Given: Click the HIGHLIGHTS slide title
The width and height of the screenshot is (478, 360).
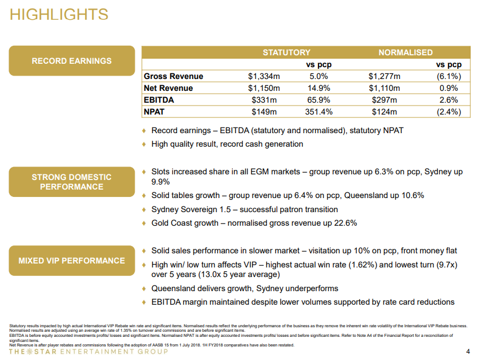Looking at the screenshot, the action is pos(59,14).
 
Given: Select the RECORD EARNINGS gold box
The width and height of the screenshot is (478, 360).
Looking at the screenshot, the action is pos(72,61).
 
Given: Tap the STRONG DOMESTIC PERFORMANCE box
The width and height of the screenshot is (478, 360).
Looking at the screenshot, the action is pos(72,182).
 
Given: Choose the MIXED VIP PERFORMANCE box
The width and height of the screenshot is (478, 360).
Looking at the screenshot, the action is pos(72,261).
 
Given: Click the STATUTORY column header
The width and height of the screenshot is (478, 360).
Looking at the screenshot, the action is pos(286,52).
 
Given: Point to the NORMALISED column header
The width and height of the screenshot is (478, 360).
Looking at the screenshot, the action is pos(405,52).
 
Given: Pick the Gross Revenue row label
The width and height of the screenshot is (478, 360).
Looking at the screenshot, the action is pos(174,76).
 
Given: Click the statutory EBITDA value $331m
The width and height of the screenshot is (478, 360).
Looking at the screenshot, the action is pos(264,100).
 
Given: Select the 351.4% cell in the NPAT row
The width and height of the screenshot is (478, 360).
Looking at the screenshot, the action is pos(318,112).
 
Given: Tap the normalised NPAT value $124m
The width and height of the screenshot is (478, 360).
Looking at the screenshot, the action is pos(384,112).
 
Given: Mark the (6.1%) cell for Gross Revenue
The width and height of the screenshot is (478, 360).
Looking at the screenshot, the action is pos(449,76).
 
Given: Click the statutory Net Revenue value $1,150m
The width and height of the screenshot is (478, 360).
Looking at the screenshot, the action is pos(264,88).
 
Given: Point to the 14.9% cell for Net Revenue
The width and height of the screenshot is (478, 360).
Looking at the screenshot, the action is pos(318,88).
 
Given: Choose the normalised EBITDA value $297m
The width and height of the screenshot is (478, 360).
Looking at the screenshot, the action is pos(384,100).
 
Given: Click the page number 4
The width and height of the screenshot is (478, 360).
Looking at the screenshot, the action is pos(468,352).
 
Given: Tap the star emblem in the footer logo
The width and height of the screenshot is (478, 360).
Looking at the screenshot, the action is pos(29,352).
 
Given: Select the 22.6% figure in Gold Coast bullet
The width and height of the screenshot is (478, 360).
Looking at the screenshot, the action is pos(346,223).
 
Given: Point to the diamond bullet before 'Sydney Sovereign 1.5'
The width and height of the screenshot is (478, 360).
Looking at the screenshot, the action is pos(144,209).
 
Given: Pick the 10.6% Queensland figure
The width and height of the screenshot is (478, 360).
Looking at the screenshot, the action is pos(413,195).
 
